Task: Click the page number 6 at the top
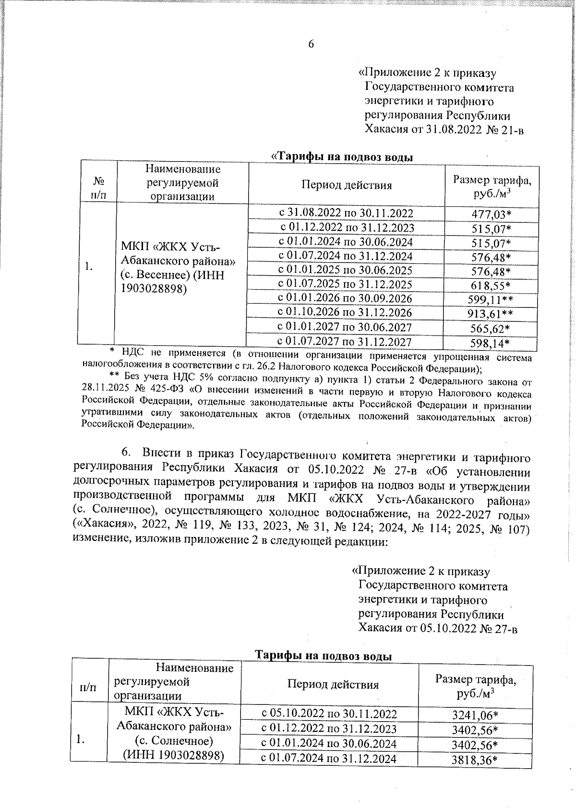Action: tap(311, 44)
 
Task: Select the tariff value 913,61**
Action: tap(490, 315)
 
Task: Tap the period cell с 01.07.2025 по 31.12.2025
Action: tap(345, 284)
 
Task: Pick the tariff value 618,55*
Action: tap(490, 286)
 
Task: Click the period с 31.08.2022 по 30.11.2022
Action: tap(346, 213)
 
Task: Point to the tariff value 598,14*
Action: tap(490, 343)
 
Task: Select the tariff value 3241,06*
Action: tap(475, 715)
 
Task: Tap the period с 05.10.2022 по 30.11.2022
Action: tap(329, 714)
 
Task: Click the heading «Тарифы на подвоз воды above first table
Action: tap(343, 157)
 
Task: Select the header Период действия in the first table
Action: tap(347, 186)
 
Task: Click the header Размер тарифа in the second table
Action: tap(476, 680)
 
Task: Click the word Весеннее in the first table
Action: tap(157, 276)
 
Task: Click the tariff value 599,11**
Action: tap(490, 300)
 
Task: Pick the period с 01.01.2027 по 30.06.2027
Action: tap(345, 328)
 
